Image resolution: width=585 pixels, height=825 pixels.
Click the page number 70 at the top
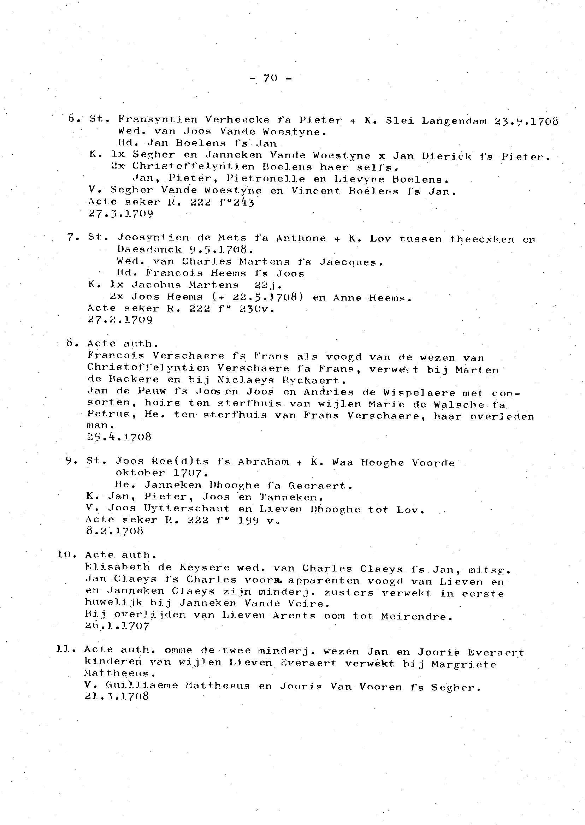pos(270,78)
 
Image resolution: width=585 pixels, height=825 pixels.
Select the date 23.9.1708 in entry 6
pos(526,121)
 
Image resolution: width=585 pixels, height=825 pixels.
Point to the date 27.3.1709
pos(121,214)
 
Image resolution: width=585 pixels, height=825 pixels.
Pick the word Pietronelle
pos(266,179)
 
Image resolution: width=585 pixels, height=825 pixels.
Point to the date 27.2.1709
pos(120,320)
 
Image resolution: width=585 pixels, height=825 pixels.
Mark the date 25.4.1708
pos(119,437)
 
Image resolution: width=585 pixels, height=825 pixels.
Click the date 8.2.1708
pos(114,531)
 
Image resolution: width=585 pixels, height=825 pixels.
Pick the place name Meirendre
pos(416,616)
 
